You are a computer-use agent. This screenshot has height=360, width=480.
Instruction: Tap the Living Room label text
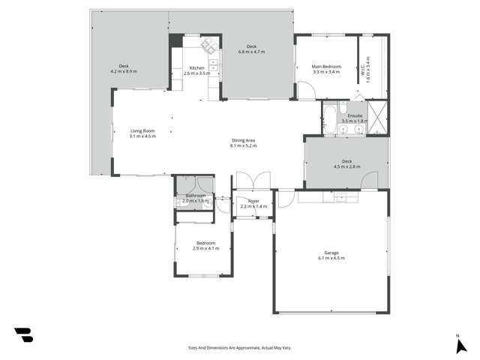(x=142, y=131)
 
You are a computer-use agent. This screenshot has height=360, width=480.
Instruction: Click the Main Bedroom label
(x=325, y=67)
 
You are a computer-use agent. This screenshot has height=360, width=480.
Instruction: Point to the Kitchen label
(x=196, y=68)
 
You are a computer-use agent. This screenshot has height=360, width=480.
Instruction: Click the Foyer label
(x=253, y=201)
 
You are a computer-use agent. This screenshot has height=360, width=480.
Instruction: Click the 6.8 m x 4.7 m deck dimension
(x=251, y=52)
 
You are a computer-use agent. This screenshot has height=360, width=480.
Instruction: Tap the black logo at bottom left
(x=23, y=334)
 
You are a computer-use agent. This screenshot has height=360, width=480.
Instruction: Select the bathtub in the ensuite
(x=329, y=120)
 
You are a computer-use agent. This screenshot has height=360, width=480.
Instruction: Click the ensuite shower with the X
(x=379, y=118)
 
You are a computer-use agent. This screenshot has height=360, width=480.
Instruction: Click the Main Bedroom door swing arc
(x=307, y=91)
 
